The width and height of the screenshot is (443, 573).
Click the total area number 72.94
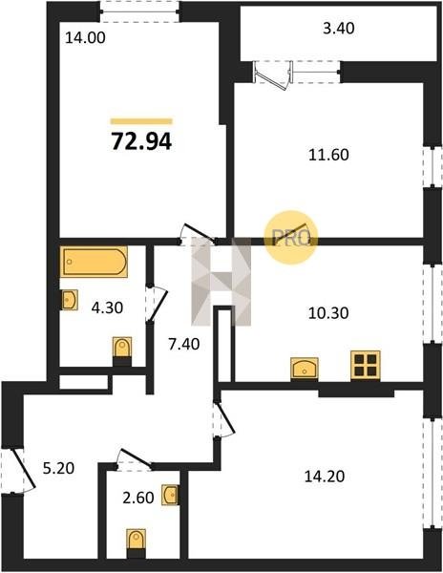point(141,141)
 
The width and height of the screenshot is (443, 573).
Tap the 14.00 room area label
point(85,37)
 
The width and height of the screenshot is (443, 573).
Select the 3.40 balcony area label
point(339,28)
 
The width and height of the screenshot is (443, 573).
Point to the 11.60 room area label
point(328,155)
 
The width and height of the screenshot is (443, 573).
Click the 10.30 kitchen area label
point(328,313)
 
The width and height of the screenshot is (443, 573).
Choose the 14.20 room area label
point(325,477)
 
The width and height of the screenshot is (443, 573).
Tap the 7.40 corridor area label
point(183,344)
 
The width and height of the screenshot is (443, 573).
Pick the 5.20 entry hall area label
point(58,468)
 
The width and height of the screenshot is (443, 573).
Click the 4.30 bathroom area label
point(107,308)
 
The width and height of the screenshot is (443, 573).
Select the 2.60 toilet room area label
point(138,498)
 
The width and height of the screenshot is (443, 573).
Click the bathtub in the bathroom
point(94,262)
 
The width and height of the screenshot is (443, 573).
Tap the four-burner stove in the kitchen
point(366,366)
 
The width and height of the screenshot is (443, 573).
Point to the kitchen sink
point(305,369)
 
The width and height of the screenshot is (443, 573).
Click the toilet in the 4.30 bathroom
point(122,350)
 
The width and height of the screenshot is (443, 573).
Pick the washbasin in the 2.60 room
point(170,495)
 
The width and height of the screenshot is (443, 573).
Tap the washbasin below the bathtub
point(69,300)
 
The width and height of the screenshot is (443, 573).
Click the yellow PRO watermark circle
point(291,238)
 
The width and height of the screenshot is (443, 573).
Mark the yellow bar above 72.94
point(141,121)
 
